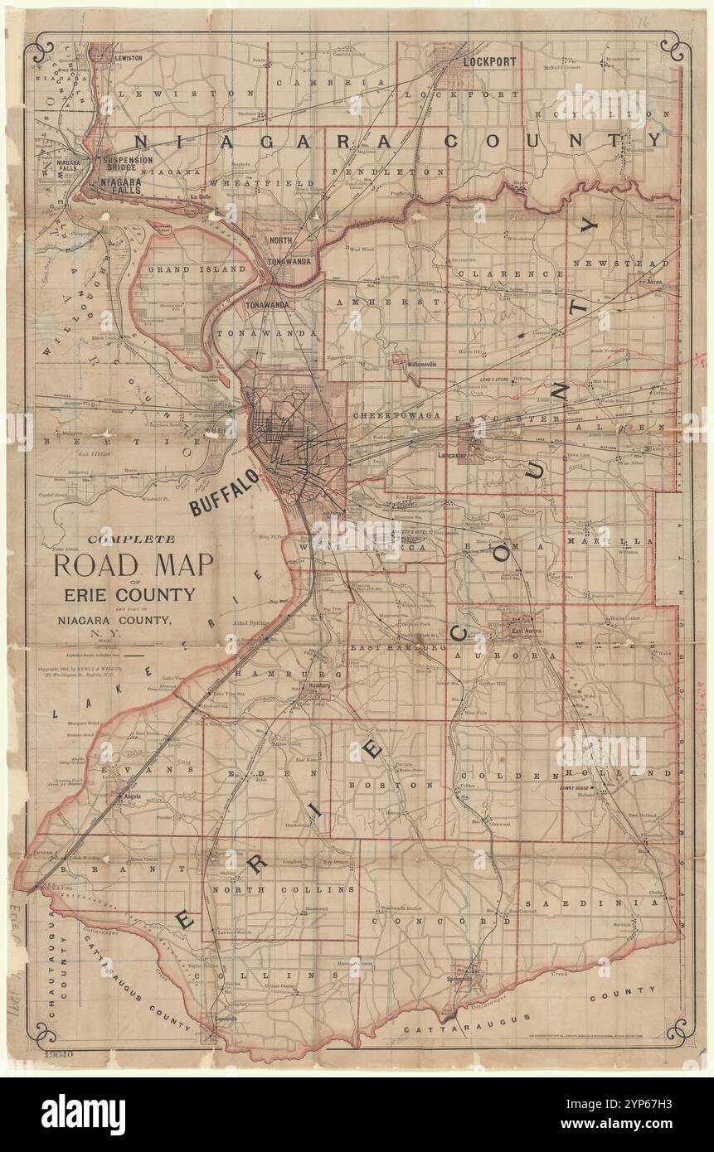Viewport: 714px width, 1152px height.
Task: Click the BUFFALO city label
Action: point(226,491)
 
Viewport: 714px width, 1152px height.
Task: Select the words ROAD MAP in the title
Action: point(134,566)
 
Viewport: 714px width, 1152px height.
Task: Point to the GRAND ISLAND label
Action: point(196,269)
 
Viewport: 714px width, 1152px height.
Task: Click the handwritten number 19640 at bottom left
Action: point(63,1055)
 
